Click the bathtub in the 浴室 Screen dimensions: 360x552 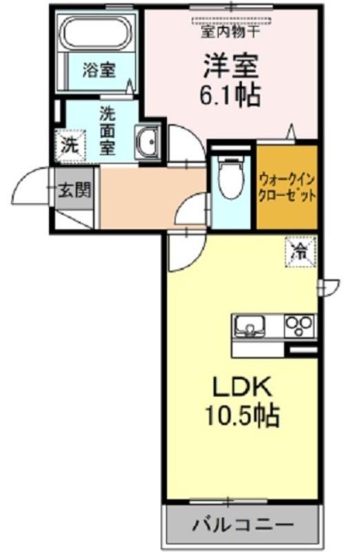pyautogui.click(x=96, y=32)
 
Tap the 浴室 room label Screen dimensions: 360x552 pyautogui.click(x=99, y=70)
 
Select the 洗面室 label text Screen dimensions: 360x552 pyautogui.click(x=108, y=130)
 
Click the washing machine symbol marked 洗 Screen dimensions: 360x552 pyautogui.click(x=70, y=146)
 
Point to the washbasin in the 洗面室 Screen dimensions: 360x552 pyautogui.click(x=148, y=141)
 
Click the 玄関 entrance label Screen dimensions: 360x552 pyautogui.click(x=74, y=190)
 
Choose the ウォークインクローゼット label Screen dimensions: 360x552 pyautogui.click(x=287, y=187)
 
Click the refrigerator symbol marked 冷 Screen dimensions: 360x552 pyautogui.click(x=301, y=252)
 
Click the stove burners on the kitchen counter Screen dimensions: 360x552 pyautogui.click(x=299, y=326)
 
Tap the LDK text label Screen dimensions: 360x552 pyautogui.click(x=241, y=387)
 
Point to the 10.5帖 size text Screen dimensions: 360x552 pyautogui.click(x=242, y=415)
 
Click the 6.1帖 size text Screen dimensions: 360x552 pyautogui.click(x=230, y=95)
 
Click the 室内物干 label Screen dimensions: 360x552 pyautogui.click(x=231, y=32)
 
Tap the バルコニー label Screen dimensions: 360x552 pyautogui.click(x=243, y=526)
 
